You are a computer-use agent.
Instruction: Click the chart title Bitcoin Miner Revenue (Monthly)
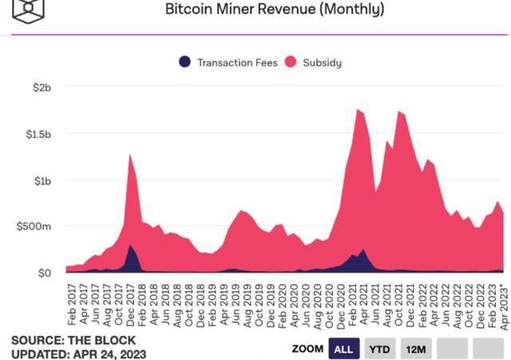275,10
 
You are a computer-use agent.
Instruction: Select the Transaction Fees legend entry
229,61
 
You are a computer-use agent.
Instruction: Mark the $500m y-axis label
34,227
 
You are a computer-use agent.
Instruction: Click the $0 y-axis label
42,273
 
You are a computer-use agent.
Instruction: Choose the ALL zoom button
343,349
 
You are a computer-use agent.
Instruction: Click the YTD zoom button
381,349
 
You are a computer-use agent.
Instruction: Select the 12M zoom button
415,349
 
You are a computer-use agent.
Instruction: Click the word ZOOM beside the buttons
307,349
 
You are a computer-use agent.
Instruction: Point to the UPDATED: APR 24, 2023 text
68,353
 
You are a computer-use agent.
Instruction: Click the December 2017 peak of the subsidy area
129,156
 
